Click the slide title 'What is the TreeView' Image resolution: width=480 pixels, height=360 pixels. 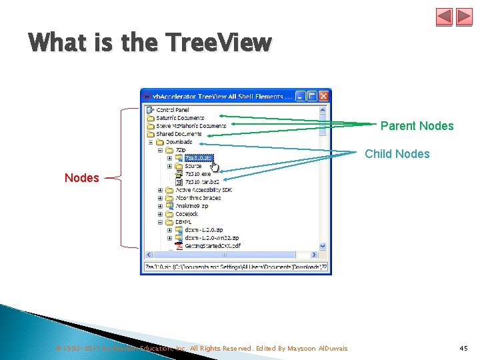[150, 43]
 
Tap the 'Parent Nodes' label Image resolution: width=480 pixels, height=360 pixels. [417, 126]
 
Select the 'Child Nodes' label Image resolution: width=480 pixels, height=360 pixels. [397, 154]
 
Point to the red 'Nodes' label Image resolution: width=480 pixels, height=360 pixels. [81, 178]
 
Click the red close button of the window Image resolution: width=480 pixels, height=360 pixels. [323, 96]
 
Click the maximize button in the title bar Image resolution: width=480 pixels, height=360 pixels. [312, 96]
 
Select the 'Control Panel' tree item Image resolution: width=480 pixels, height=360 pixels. [173, 110]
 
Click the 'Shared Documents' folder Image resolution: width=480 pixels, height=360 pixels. [179, 134]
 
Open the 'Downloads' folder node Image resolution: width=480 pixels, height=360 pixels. [179, 142]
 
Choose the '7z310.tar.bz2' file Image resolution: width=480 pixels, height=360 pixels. [201, 181]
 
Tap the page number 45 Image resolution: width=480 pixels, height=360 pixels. [464, 348]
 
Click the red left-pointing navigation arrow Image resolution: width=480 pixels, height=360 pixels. [445, 17]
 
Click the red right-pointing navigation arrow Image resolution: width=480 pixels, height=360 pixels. [463, 17]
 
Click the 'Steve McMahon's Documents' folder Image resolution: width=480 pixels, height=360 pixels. [191, 126]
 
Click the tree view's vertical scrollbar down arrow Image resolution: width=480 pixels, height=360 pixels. [323, 246]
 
